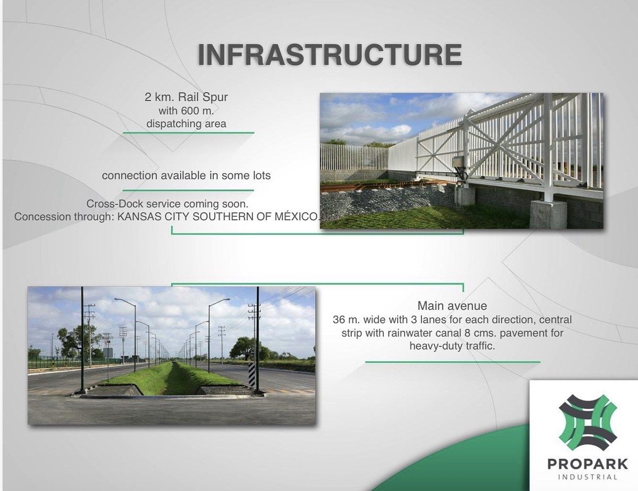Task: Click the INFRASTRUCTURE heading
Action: (330, 55)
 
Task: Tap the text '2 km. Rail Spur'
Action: (186, 97)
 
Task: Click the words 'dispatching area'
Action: (186, 123)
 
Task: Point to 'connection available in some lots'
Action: (186, 176)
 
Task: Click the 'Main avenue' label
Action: (452, 306)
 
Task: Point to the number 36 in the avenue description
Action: (339, 320)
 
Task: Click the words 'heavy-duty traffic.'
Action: (452, 346)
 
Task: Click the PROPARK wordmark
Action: (587, 464)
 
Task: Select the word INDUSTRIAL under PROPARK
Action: (587, 477)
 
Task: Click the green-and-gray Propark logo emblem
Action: (587, 423)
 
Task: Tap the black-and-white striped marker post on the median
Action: (252, 374)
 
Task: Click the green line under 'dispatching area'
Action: (189, 133)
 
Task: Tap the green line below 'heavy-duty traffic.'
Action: (453, 362)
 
